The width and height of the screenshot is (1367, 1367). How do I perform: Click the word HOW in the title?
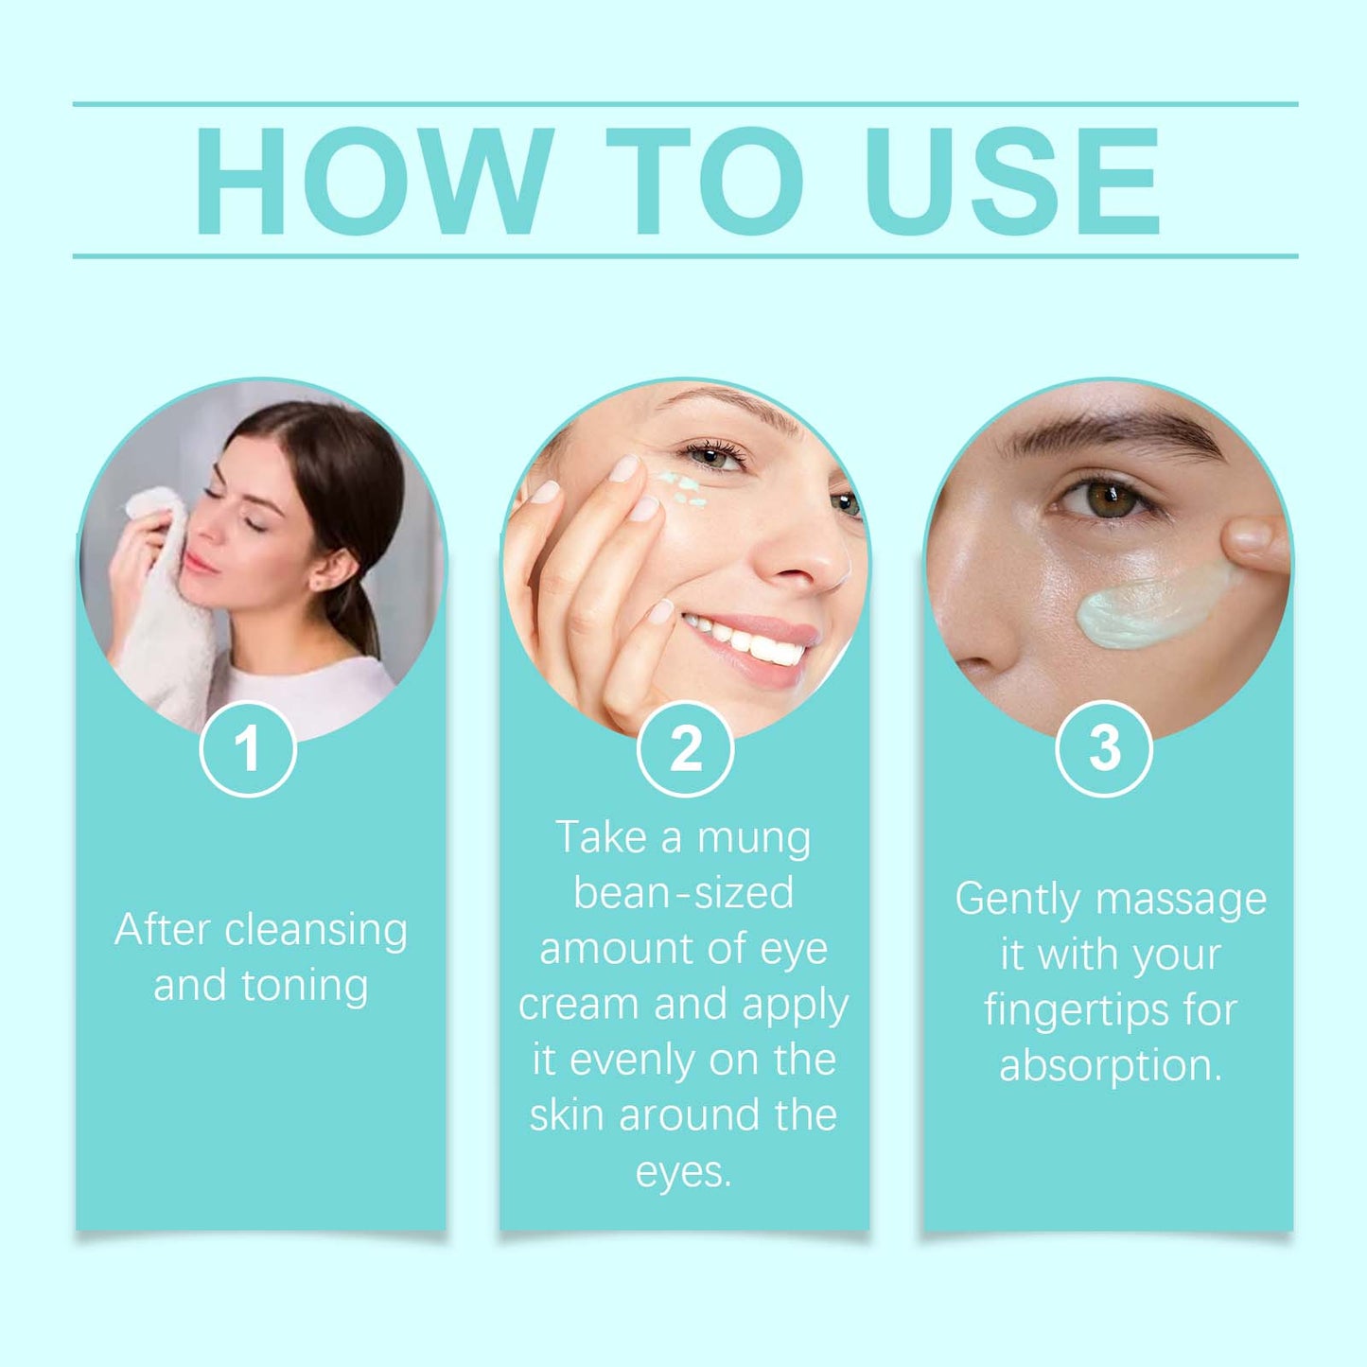[x=373, y=180]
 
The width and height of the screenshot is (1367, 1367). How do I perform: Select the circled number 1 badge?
[x=248, y=748]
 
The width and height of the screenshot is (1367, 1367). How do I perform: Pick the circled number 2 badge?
[x=685, y=748]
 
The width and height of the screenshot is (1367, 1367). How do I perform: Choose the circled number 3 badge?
[x=1103, y=748]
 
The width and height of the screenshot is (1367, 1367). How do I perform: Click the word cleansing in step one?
[x=316, y=931]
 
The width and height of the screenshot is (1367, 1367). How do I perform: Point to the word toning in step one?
[x=304, y=986]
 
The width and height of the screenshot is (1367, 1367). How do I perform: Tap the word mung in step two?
[x=753, y=838]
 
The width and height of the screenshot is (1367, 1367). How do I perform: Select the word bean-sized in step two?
[x=683, y=893]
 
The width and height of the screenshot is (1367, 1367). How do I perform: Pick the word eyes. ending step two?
[x=683, y=1172]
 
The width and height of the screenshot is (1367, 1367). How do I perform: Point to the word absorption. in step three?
[x=1111, y=1066]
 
